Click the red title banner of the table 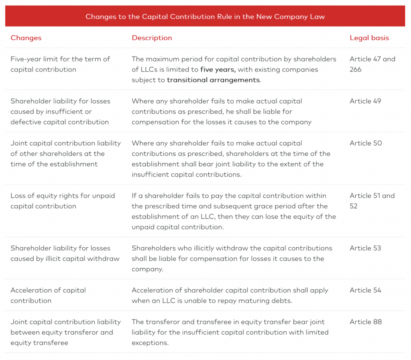pos(205,16)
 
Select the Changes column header pos(26,38)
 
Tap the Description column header pos(152,38)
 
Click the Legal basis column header pos(369,38)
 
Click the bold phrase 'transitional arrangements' pos(214,80)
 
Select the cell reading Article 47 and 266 pos(372,64)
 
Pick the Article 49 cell pos(365,101)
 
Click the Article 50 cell pos(366,143)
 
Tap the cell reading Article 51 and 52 pos(372,201)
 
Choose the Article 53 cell pos(365,248)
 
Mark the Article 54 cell pos(365,290)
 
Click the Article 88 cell pos(366,322)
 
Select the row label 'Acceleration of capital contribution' pos(48,295)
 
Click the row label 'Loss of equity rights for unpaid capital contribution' pos(63,201)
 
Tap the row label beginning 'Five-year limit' pos(60,64)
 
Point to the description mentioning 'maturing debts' pos(230,295)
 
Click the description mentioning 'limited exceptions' pos(230,332)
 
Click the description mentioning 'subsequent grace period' pos(234,211)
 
